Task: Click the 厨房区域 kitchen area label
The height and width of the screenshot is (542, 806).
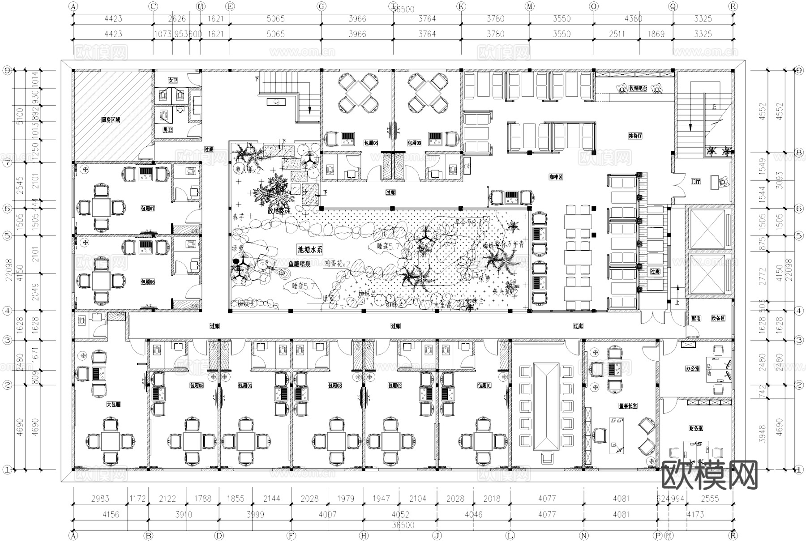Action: tap(111, 120)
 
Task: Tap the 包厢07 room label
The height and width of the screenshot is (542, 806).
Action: tap(148, 209)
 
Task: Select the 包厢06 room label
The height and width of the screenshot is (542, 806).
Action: tap(148, 282)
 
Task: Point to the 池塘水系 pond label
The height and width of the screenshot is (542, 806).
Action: tap(310, 250)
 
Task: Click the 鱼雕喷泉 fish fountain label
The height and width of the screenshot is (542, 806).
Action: tap(300, 265)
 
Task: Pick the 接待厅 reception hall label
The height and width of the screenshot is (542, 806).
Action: tap(635, 136)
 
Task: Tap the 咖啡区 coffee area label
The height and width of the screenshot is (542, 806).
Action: tap(556, 177)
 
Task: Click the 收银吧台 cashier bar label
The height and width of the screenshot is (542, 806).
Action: tap(638, 89)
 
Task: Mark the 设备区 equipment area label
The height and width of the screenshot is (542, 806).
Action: tap(717, 318)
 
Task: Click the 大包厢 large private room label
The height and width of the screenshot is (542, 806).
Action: tap(114, 404)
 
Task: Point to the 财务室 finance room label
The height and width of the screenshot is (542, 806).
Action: tap(695, 428)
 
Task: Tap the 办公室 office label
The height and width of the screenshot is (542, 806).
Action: tap(692, 369)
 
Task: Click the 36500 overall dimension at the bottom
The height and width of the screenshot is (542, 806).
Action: tap(403, 525)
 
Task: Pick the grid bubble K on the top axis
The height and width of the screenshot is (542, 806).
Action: tap(461, 6)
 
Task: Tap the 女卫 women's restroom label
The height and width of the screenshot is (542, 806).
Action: tap(173, 80)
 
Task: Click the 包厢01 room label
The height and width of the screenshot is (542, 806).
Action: tap(484, 385)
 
